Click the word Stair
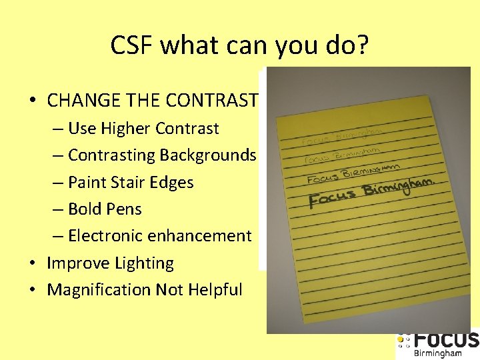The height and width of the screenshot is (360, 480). (x=128, y=182)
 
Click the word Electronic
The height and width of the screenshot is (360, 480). (x=107, y=235)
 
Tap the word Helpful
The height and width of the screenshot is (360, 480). (x=215, y=290)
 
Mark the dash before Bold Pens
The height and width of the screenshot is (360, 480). (x=58, y=209)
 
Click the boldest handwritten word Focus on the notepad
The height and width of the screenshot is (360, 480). (x=333, y=198)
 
